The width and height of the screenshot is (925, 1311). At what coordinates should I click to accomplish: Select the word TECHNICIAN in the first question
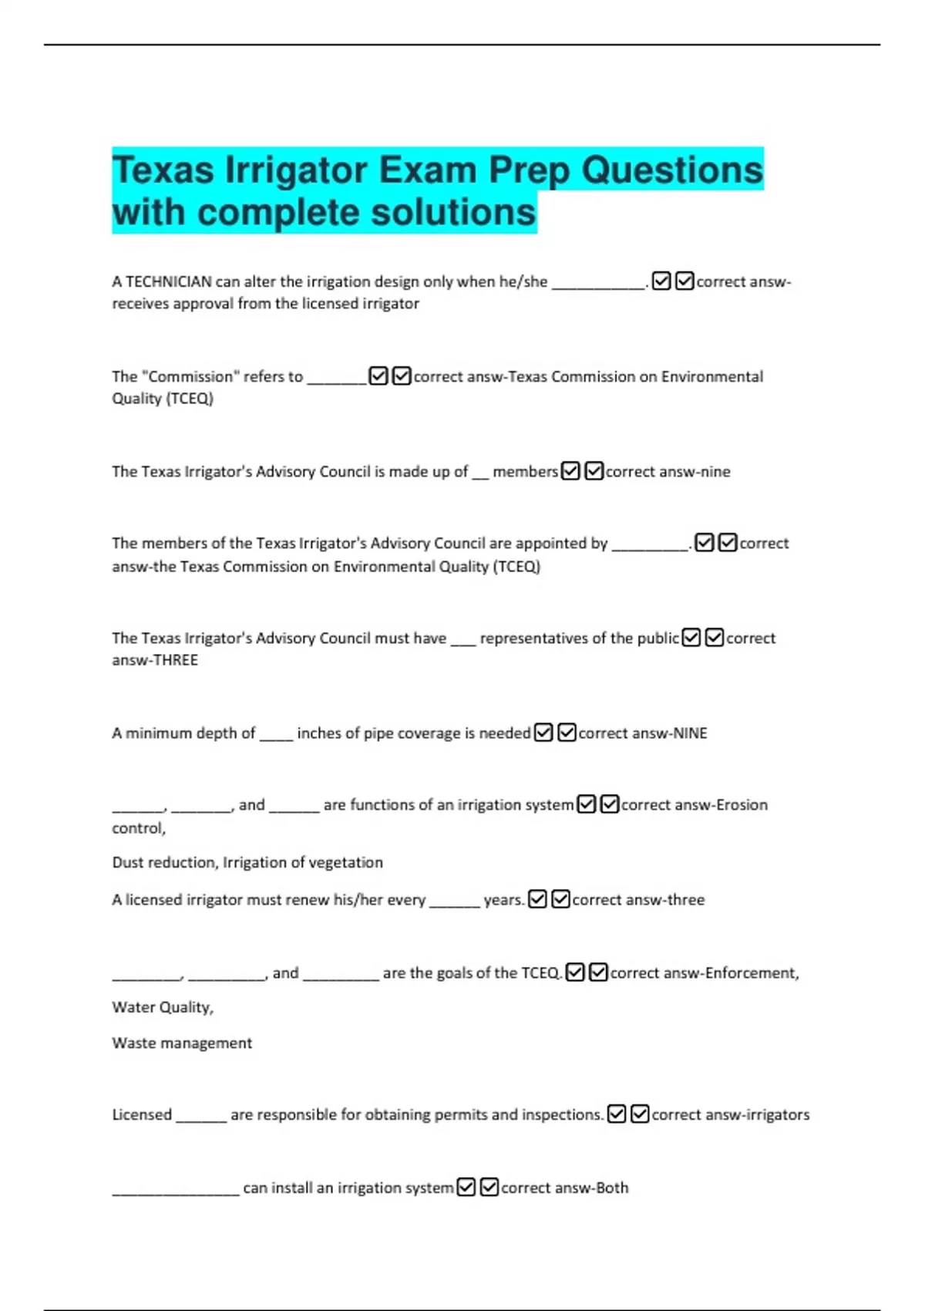coord(169,282)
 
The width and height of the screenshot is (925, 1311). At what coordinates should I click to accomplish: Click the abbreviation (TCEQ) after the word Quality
coord(190,399)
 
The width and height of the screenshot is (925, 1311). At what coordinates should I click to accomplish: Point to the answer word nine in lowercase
coord(715,472)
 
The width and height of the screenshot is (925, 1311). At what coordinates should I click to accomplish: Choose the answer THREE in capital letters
coord(177,660)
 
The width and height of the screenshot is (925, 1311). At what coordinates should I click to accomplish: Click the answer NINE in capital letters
coord(690,733)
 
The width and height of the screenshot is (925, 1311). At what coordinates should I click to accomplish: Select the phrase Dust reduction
coord(163,863)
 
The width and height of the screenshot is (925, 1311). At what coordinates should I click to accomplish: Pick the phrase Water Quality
coord(163,1008)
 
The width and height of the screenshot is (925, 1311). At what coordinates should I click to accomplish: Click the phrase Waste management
coord(182,1043)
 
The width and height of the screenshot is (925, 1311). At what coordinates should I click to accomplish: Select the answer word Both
coord(612,1188)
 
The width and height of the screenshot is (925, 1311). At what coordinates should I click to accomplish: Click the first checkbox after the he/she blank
coord(661,281)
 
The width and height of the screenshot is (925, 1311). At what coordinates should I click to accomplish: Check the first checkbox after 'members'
coord(570,471)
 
